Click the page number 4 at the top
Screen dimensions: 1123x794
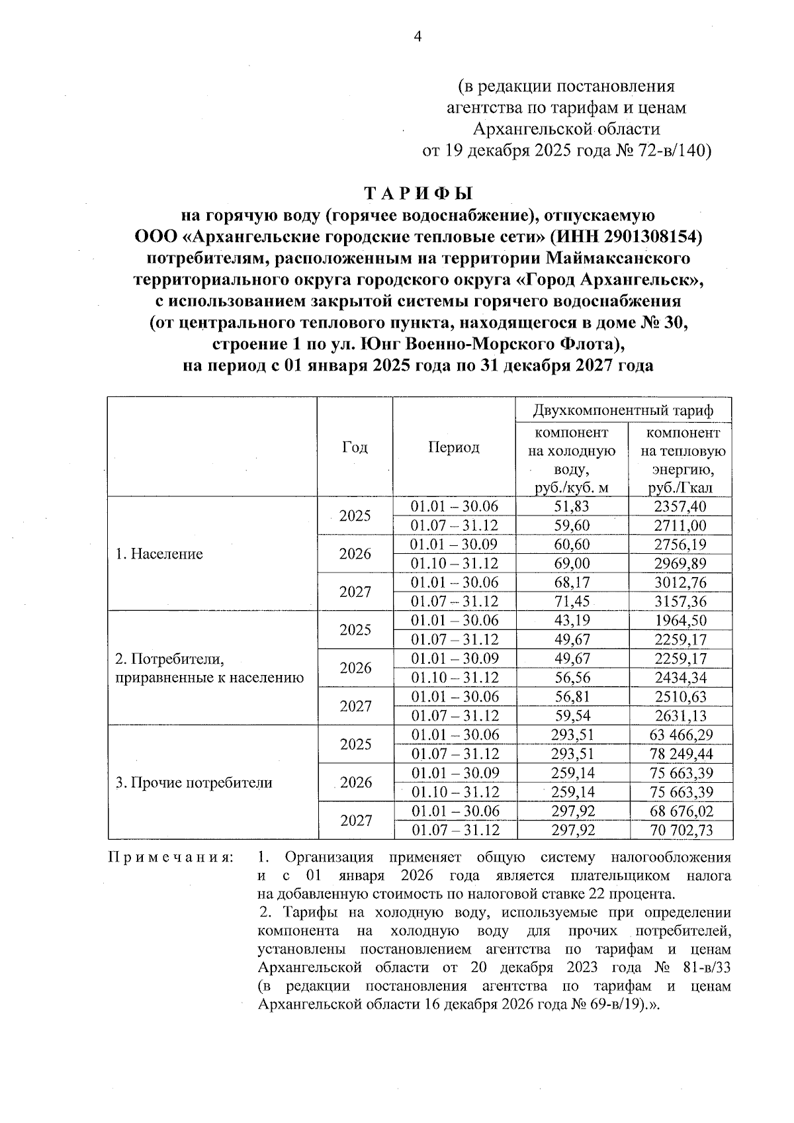point(418,37)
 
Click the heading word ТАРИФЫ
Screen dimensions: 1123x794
point(419,194)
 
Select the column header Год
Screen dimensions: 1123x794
point(355,447)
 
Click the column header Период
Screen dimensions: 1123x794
point(453,447)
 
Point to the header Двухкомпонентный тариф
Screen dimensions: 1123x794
point(623,410)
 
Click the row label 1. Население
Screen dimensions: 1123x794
point(159,554)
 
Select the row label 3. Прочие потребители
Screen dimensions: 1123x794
point(194,783)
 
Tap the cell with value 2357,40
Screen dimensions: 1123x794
point(680,507)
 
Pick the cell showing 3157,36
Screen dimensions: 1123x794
point(680,602)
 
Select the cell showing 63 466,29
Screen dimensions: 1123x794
point(680,735)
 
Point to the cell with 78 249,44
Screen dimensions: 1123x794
point(680,754)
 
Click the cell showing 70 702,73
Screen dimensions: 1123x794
point(680,831)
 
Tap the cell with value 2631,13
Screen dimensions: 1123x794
point(680,716)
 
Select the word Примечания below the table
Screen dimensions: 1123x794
point(170,858)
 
